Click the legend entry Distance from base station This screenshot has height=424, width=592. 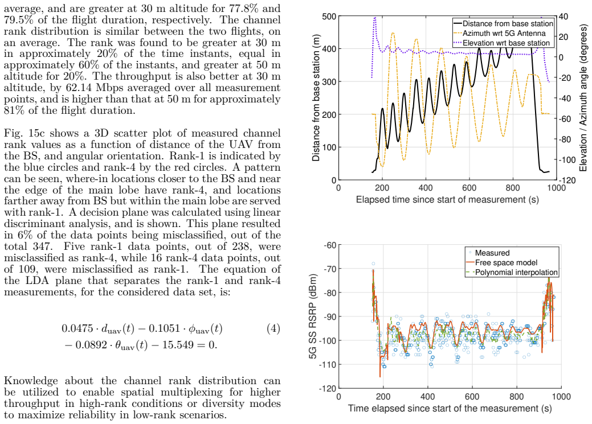[x=503, y=23]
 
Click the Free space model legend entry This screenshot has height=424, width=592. [x=502, y=262]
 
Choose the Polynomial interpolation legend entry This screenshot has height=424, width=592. [x=512, y=273]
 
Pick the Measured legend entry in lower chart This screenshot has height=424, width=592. [x=488, y=253]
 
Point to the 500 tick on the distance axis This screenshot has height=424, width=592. [x=329, y=17]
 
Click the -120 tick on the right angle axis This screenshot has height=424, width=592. [x=567, y=180]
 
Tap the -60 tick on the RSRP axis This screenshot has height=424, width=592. [x=330, y=245]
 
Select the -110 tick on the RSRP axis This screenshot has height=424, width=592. [x=328, y=364]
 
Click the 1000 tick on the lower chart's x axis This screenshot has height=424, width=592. [x=561, y=397]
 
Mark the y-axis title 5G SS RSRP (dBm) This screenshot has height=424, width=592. [x=313, y=316]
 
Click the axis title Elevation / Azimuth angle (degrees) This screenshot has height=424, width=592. [x=583, y=98]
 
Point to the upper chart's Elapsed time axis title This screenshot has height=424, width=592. [x=447, y=200]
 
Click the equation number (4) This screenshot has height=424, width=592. [x=273, y=328]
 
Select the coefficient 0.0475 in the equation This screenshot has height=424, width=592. [x=77, y=328]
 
